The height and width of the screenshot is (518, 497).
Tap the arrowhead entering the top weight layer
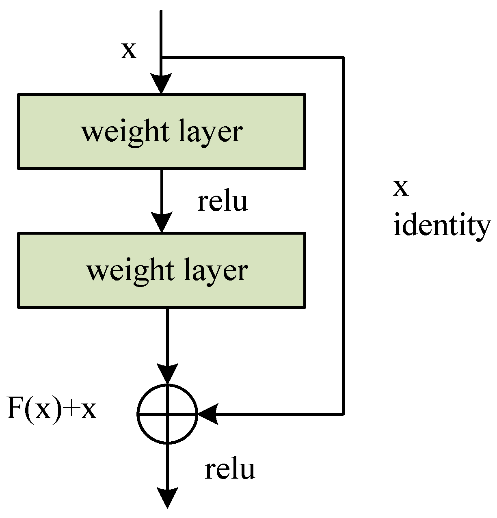[x=161, y=84]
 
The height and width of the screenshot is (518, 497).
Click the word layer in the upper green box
[x=210, y=132]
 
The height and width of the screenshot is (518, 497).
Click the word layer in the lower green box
[x=215, y=271]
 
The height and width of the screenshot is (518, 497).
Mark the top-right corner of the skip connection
[x=344, y=58]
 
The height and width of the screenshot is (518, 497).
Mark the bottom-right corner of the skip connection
[x=344, y=414]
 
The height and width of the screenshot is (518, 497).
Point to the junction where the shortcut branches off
[x=162, y=58]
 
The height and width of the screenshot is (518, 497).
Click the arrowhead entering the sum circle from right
[x=208, y=414]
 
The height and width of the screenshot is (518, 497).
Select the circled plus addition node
[x=167, y=414]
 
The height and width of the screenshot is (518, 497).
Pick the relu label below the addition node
[x=230, y=470]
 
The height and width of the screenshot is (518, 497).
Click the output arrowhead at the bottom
[x=167, y=498]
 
